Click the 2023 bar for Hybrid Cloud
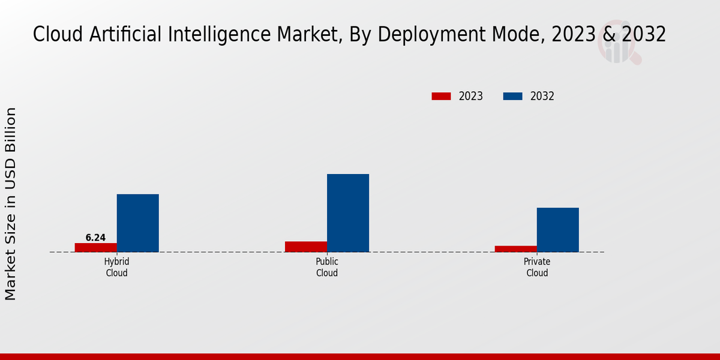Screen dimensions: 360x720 click(96, 247)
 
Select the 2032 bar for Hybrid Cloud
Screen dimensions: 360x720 click(138, 223)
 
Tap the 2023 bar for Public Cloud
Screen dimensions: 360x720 click(306, 247)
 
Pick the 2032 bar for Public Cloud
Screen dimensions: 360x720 click(348, 213)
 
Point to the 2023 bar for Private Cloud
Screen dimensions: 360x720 click(516, 248)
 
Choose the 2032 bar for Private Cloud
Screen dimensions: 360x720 click(558, 230)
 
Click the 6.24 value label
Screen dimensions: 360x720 click(95, 238)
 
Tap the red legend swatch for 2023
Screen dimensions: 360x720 click(441, 96)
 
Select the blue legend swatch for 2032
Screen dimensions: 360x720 click(512, 96)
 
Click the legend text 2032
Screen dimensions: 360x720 click(542, 96)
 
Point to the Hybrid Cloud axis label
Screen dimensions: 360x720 click(117, 268)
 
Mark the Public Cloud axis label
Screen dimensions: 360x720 click(327, 268)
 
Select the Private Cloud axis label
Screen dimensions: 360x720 click(537, 268)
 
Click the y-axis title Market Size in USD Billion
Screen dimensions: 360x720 click(11, 204)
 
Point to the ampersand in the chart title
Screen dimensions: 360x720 click(609, 34)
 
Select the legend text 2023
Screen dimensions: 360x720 click(471, 96)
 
